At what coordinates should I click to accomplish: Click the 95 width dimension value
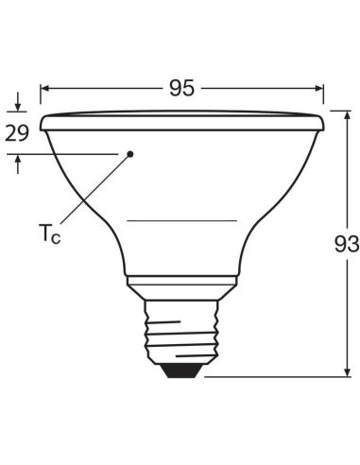(x=181, y=89)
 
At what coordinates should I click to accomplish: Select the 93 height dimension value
(x=346, y=245)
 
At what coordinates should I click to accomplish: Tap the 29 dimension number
(x=16, y=133)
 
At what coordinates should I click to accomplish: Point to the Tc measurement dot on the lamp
(x=130, y=153)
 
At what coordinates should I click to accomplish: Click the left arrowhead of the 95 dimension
(x=43, y=90)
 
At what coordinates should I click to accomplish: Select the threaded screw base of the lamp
(x=181, y=331)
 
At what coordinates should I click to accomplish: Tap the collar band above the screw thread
(x=181, y=287)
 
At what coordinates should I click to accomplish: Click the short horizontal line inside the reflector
(x=181, y=220)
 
